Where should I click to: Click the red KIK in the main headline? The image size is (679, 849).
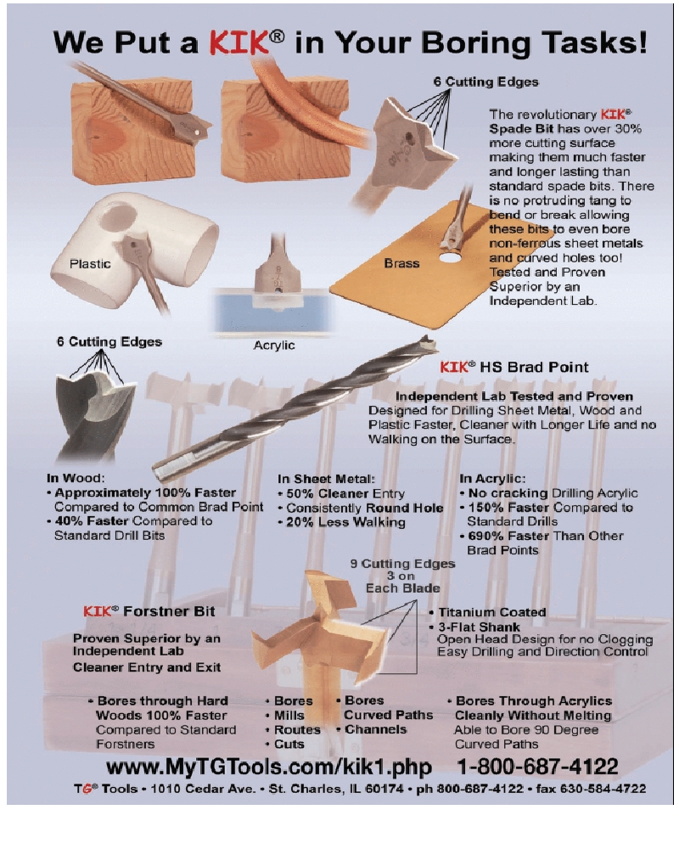click(x=239, y=42)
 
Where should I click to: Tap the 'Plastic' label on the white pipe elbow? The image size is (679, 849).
click(x=90, y=264)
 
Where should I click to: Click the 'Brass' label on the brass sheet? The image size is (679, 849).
click(x=401, y=263)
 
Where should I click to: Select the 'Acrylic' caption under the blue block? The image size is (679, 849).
click(x=274, y=346)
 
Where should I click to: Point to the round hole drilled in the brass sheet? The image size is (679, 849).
click(x=450, y=256)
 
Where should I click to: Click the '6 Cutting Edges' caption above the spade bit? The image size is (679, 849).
click(x=485, y=82)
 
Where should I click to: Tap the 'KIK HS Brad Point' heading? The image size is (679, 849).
click(x=513, y=367)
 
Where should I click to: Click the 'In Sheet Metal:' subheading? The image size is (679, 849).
click(x=326, y=479)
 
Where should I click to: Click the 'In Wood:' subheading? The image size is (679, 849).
click(x=76, y=478)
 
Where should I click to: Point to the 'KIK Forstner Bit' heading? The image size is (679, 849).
click(x=149, y=611)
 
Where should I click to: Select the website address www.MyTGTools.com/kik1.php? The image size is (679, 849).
click(x=268, y=767)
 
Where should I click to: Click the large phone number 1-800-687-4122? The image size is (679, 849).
click(x=537, y=767)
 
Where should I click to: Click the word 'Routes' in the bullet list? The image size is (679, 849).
click(x=297, y=730)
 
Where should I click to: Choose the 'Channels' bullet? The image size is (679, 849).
click(x=375, y=729)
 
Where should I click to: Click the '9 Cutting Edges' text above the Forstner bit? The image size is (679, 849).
click(x=402, y=564)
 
